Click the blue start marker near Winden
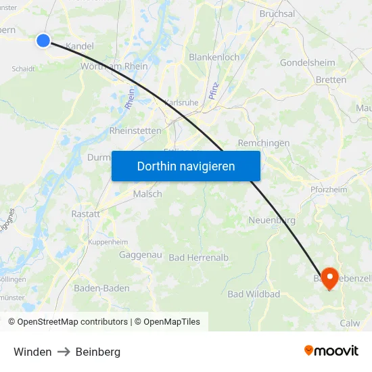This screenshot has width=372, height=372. [x=43, y=41]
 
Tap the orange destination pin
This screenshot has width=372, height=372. [x=329, y=277]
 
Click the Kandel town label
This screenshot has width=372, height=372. [x=80, y=46]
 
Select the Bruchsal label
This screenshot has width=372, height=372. [x=277, y=14]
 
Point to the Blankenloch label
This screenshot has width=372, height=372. [x=214, y=57]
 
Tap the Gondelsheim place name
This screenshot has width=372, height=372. [x=307, y=63]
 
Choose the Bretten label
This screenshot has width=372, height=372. [x=331, y=80]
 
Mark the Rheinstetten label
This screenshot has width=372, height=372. [x=135, y=131]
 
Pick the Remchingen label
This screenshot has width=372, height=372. [x=264, y=143]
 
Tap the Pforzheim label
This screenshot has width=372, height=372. [x=329, y=189]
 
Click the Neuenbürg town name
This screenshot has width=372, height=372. [x=272, y=220]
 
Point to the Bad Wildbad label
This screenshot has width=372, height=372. [x=254, y=294]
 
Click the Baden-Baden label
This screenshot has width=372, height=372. [x=101, y=288]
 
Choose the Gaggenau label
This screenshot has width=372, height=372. [x=140, y=255]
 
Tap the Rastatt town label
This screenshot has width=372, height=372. [x=85, y=214]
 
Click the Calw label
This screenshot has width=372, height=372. [x=350, y=323]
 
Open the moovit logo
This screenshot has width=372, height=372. [x=331, y=350]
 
